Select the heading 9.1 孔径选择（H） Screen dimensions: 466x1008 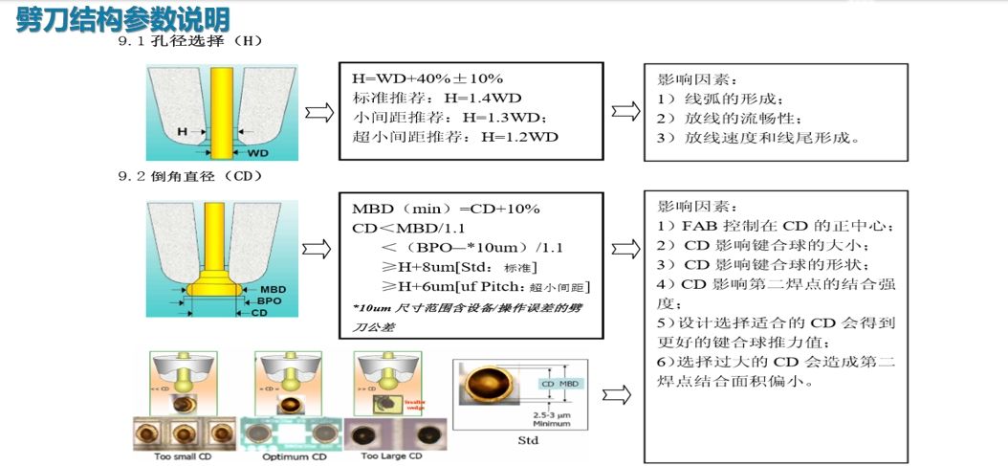[189, 42]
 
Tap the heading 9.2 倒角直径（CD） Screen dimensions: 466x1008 [189, 177]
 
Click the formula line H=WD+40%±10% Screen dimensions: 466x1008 [427, 78]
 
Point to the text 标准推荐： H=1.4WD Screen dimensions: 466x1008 [437, 98]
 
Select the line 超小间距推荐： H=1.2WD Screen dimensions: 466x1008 [455, 137]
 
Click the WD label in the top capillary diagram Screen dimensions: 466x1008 [258, 153]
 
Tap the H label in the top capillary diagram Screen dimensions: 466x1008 [182, 131]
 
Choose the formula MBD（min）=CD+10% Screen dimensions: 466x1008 [447, 209]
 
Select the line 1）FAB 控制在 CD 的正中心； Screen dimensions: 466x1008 [776, 226]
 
